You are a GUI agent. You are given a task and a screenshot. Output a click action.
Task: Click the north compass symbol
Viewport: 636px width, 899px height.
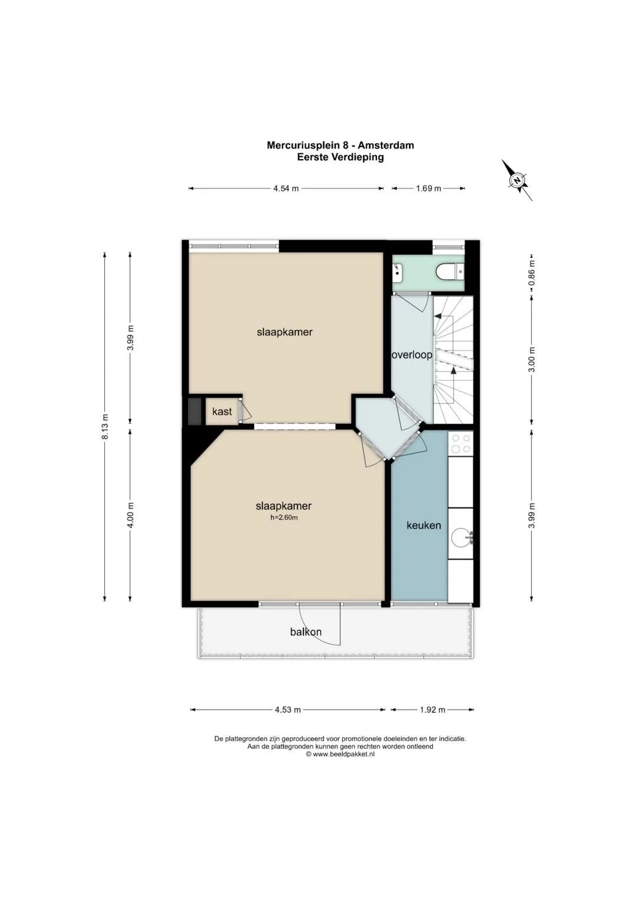(x=517, y=180)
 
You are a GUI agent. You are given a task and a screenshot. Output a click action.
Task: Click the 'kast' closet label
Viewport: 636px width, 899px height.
(x=222, y=412)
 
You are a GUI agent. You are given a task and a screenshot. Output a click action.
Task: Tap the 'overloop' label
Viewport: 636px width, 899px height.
(x=412, y=355)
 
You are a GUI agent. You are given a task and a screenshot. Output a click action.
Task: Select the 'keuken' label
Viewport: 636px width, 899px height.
(x=423, y=525)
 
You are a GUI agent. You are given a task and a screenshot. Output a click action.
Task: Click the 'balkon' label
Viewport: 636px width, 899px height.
(x=306, y=632)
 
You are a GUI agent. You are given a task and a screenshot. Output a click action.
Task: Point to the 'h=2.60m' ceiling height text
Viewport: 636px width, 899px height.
(x=284, y=517)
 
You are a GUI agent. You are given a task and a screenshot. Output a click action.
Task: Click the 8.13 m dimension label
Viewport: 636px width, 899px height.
(x=105, y=426)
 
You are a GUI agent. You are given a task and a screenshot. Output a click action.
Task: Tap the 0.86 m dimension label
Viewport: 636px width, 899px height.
(x=532, y=276)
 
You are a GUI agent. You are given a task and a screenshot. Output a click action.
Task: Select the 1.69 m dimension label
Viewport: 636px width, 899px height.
(x=429, y=188)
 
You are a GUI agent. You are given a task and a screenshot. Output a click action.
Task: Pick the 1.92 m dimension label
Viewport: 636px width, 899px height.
(x=432, y=709)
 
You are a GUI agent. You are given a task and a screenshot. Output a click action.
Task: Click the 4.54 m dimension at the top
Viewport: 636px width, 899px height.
(x=286, y=188)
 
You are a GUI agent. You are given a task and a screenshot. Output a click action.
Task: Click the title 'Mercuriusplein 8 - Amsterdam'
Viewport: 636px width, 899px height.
(x=340, y=145)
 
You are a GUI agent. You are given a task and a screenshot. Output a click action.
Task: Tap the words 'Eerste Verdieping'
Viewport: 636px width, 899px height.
(x=340, y=157)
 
